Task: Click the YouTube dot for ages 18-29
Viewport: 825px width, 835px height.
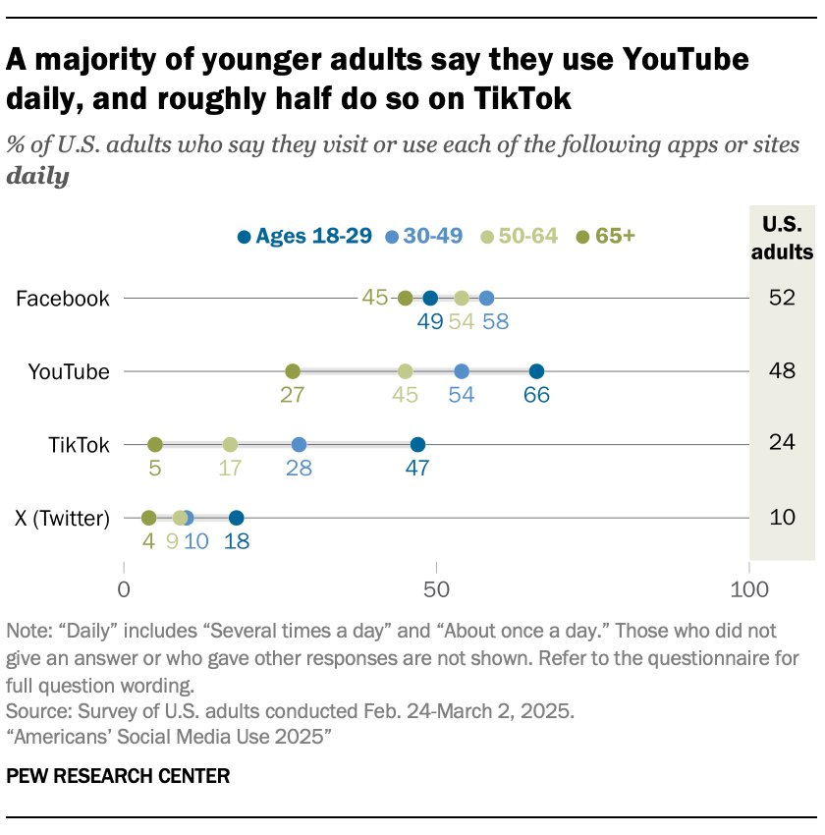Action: click(536, 371)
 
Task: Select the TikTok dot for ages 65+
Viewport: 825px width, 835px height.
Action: click(155, 444)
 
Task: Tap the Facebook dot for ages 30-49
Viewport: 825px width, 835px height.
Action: click(486, 299)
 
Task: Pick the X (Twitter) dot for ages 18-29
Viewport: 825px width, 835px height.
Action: click(236, 518)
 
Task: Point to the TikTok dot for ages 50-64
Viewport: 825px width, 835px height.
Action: click(230, 444)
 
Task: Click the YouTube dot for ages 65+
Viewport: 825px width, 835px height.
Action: click(293, 371)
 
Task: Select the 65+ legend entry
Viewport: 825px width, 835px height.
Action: click(606, 236)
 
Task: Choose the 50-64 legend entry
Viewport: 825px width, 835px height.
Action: click(522, 236)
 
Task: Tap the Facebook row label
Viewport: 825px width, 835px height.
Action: click(63, 299)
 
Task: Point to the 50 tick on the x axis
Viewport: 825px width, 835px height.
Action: click(436, 590)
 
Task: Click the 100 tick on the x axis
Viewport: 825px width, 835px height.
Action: click(748, 590)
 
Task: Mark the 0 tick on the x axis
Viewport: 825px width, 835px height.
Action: click(125, 590)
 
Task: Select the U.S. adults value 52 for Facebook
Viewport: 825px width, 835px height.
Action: click(782, 299)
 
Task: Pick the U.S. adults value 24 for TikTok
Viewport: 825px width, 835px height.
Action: click(782, 444)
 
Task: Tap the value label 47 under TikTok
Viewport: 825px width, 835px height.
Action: click(417, 469)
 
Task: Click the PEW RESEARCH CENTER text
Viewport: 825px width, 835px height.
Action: click(118, 776)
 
